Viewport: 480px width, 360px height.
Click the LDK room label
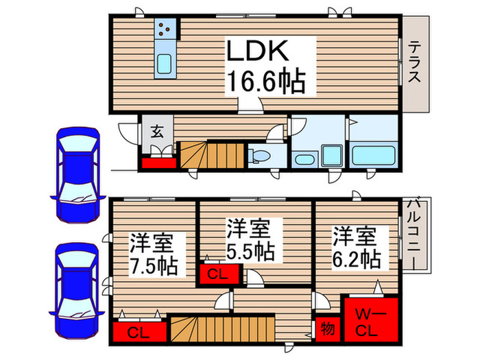click(261, 53)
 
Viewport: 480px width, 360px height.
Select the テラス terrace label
click(416, 62)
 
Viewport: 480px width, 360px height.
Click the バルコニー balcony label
click(415, 233)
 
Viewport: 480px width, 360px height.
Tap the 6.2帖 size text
click(357, 259)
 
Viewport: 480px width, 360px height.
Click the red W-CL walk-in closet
click(370, 320)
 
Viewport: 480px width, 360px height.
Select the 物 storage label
click(327, 330)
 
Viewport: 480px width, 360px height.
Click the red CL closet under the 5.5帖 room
click(219, 274)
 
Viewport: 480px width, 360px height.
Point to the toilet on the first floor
click(261, 157)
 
